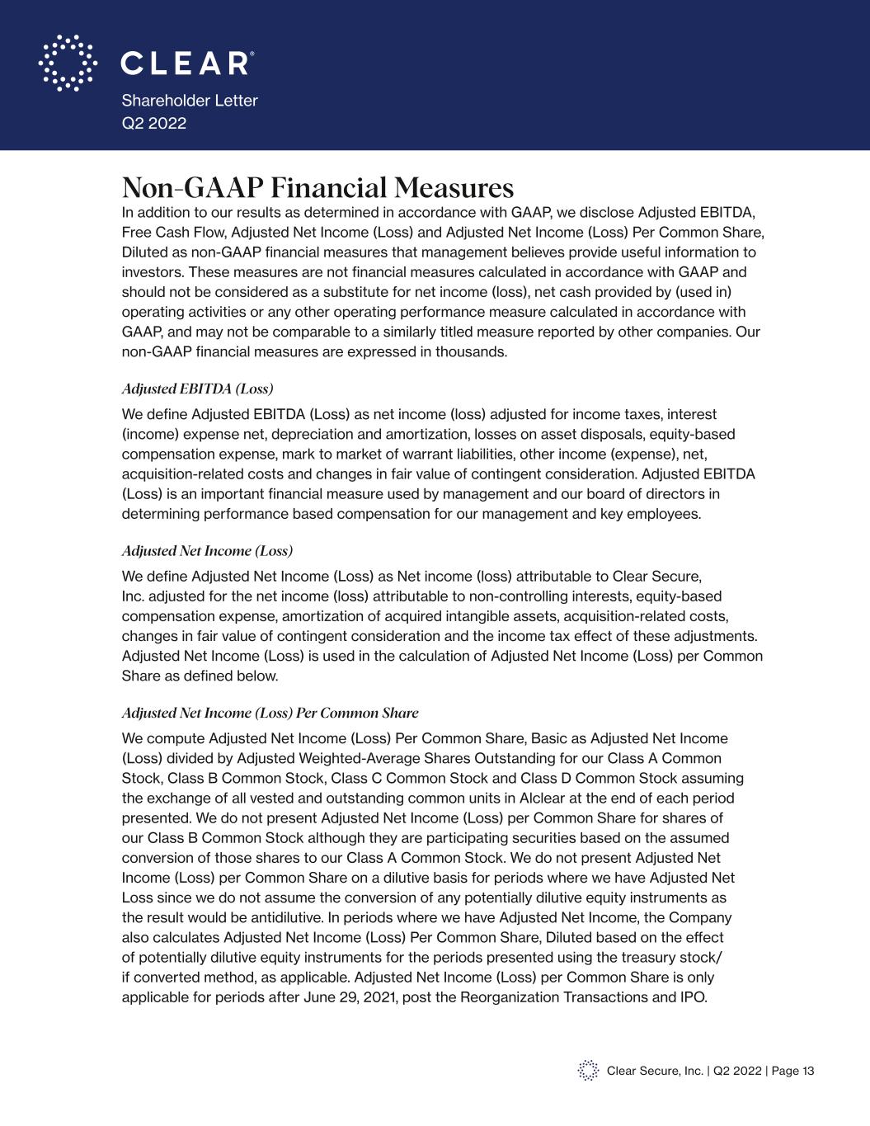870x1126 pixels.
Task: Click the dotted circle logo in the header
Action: [x=68, y=63]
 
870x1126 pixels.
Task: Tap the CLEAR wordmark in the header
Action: [x=187, y=64]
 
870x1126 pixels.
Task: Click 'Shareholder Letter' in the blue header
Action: [x=190, y=101]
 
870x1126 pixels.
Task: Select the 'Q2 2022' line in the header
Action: [x=154, y=124]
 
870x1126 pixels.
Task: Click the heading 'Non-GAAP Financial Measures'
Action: [x=317, y=188]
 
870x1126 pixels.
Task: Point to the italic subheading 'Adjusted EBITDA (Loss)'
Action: [x=197, y=388]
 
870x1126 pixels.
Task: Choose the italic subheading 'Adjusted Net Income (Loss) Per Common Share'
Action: [x=270, y=713]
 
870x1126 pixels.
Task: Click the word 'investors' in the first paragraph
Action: [x=151, y=272]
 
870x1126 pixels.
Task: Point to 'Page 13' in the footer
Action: [x=793, y=1071]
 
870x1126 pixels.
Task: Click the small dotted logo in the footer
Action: [x=588, y=1071]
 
